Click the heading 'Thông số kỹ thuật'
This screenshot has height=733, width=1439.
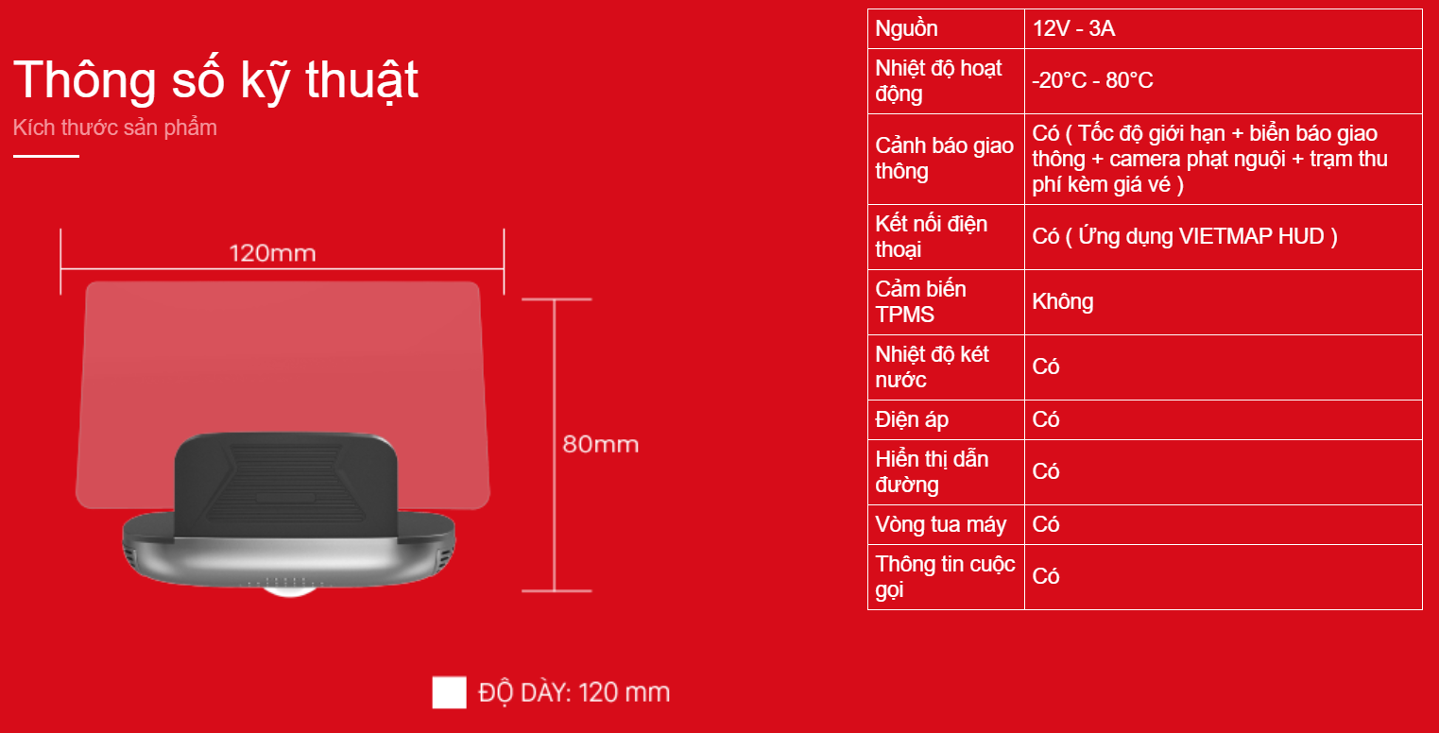pyautogui.click(x=215, y=81)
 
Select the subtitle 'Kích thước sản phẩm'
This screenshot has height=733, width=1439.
pyautogui.click(x=115, y=128)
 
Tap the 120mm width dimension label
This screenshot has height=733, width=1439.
pyautogui.click(x=272, y=253)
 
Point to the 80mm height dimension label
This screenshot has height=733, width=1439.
pyautogui.click(x=601, y=444)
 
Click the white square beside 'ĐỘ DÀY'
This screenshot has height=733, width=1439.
pyautogui.click(x=449, y=691)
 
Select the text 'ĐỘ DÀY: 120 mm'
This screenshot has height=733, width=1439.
pyautogui.click(x=574, y=692)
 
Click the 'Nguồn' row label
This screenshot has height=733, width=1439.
pyautogui.click(x=906, y=29)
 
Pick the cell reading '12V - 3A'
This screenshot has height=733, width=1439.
pyautogui.click(x=1073, y=29)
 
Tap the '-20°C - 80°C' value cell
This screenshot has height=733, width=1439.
pyautogui.click(x=1092, y=81)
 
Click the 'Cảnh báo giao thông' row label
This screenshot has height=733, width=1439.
pyautogui.click(x=944, y=159)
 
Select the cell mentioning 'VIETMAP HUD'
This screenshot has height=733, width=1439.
pyautogui.click(x=1185, y=236)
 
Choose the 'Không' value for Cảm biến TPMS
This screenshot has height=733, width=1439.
pyautogui.click(x=1063, y=302)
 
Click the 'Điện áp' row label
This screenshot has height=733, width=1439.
pyautogui.click(x=912, y=420)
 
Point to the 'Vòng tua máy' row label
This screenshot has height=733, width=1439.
pyautogui.click(x=940, y=525)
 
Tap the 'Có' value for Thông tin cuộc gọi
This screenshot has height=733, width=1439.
pyautogui.click(x=1045, y=576)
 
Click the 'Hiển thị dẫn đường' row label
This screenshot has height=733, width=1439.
pyautogui.click(x=932, y=472)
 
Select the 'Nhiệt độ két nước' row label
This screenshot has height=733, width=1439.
pyautogui.click(x=932, y=366)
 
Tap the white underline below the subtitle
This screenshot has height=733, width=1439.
pyautogui.click(x=46, y=156)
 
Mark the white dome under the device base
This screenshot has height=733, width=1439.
pyautogui.click(x=289, y=591)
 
